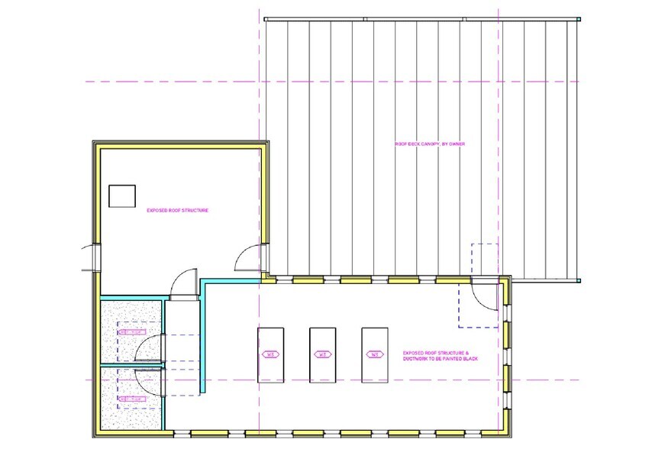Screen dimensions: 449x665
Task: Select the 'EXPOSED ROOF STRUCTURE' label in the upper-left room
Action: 178,209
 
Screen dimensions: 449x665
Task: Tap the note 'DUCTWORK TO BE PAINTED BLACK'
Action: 439,359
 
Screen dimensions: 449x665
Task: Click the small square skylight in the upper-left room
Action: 121,196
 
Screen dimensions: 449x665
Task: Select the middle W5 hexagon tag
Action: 322,354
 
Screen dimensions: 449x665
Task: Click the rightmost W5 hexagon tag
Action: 374,354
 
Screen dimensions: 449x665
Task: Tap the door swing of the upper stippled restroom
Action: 150,347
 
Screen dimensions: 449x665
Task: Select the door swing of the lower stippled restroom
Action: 150,382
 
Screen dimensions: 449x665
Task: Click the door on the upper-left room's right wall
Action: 249,259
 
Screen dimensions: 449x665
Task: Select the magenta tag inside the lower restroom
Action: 132,398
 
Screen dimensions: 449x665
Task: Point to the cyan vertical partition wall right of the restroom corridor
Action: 202,336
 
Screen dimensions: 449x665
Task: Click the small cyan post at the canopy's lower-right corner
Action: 578,279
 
